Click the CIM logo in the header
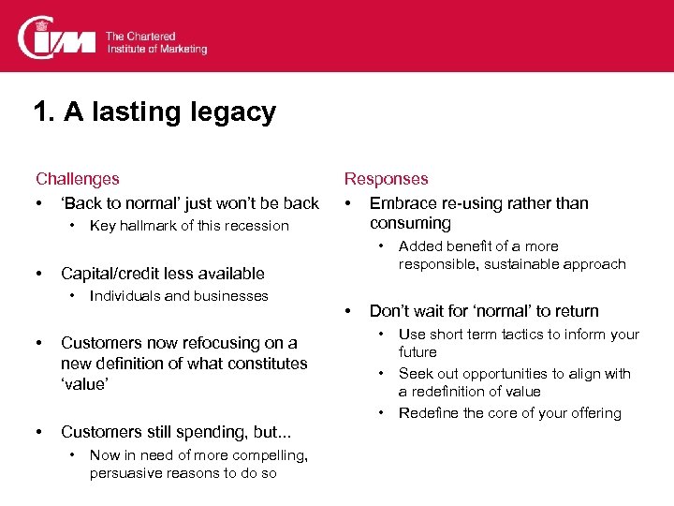(x=58, y=37)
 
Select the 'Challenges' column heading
(x=78, y=179)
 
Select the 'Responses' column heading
(x=386, y=179)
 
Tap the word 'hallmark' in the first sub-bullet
(x=150, y=226)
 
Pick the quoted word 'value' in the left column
(x=84, y=384)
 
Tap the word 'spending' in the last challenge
(x=196, y=432)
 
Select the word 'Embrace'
(x=402, y=203)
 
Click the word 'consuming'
(x=410, y=224)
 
